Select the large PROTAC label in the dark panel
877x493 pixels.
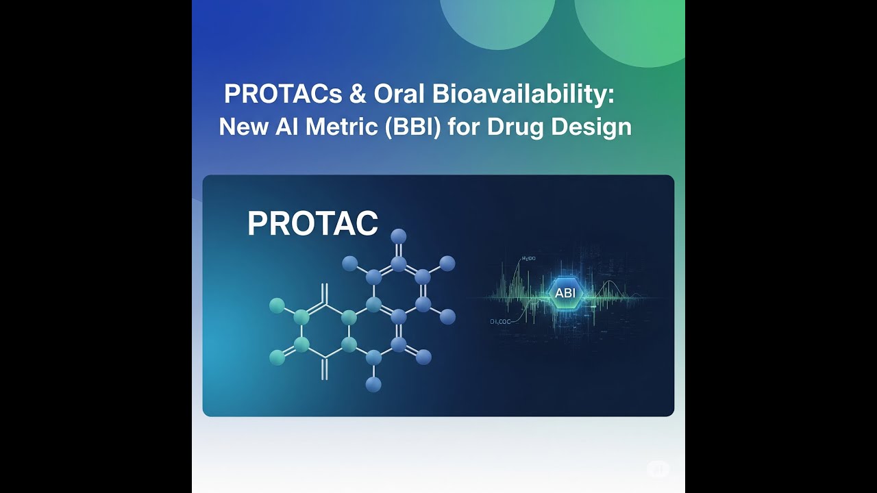(312, 224)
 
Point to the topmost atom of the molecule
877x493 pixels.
(398, 237)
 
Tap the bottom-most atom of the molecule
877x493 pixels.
(373, 385)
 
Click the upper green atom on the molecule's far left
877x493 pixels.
(277, 305)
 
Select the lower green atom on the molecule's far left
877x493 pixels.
(277, 357)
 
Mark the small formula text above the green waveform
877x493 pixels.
(528, 259)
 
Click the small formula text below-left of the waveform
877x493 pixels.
(501, 320)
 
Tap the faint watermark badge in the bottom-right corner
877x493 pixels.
(658, 469)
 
